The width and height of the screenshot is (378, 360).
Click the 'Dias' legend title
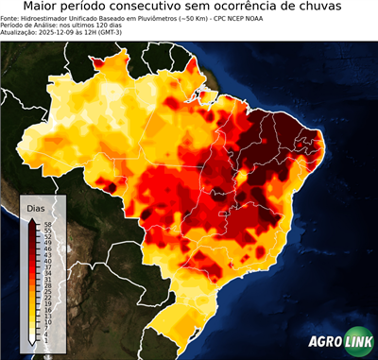click(37, 207)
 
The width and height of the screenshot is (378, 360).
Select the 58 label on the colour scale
click(45, 224)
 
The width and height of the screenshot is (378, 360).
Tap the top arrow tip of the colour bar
click(31, 219)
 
